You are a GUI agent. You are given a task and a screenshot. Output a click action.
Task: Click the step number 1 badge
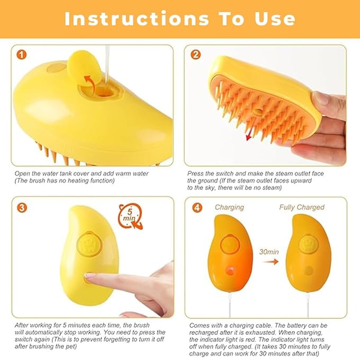(x=21, y=55)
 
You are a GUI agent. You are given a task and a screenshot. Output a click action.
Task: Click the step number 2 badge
(x=196, y=55)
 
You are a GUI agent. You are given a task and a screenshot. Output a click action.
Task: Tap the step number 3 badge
(x=21, y=207)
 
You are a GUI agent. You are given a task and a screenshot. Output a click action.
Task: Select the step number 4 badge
(x=196, y=207)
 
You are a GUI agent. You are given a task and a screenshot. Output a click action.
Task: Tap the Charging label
(x=229, y=207)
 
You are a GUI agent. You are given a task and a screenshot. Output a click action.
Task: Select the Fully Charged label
(x=302, y=207)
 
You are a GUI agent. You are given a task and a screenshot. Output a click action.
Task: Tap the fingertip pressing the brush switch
(x=91, y=277)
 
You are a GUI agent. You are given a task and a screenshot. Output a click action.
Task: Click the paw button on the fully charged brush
(x=307, y=245)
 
